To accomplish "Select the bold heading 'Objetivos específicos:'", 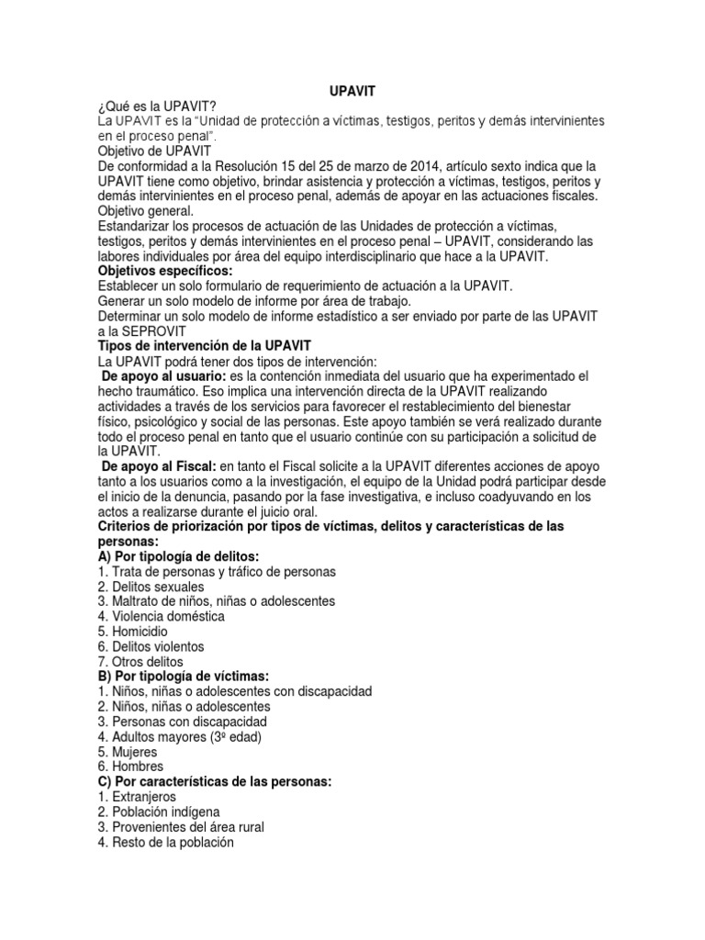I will point(165,272).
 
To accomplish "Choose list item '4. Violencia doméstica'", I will point(161,616).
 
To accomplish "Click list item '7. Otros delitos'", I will point(140,661).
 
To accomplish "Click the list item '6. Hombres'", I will point(130,766).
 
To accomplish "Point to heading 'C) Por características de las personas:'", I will point(214,781).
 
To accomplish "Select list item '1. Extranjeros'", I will point(137,797).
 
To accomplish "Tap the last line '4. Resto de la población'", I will point(166,842).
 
